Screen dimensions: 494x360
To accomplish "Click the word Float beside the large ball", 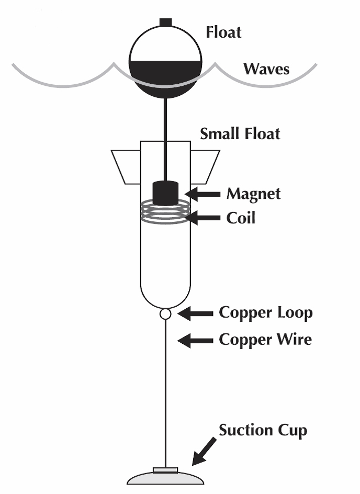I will (224, 32).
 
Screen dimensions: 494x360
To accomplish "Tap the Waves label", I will (266, 69).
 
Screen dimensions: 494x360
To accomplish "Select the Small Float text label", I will (240, 133).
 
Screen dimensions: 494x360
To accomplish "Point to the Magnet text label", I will (253, 194).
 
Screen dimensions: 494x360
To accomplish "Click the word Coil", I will (241, 218).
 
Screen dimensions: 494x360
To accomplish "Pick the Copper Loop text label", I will (265, 313).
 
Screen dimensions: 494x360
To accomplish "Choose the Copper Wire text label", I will (265, 340).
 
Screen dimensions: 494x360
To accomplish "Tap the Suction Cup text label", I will (263, 431).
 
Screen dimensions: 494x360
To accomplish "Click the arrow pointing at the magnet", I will (203, 194).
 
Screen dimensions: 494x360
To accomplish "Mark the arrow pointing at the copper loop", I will (194, 314).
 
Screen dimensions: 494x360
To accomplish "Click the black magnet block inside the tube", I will (165, 193).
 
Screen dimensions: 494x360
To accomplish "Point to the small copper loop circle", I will (165, 314).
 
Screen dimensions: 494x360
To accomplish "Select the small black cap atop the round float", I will (165, 21).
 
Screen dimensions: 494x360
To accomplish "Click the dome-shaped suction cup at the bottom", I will (166, 478).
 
